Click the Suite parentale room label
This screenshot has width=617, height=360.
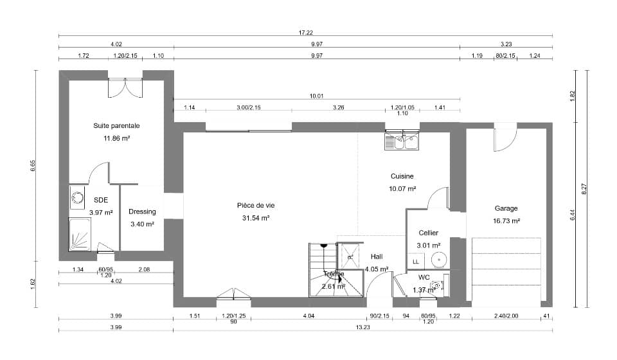click(116, 126)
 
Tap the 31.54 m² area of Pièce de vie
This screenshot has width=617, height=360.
click(255, 218)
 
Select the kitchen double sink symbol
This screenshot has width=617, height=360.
click(402, 141)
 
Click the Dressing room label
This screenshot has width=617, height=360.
click(142, 212)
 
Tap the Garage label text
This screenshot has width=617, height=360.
click(506, 208)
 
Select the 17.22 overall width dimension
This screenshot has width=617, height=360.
click(305, 32)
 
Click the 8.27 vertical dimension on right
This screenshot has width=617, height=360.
click(584, 189)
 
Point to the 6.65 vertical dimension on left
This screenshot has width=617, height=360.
click(33, 166)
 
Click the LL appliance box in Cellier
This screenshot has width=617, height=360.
click(416, 262)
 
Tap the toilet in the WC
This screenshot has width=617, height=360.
click(436, 285)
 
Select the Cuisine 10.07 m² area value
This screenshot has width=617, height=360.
click(402, 189)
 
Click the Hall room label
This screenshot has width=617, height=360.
click(377, 256)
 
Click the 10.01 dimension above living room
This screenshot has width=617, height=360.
click(316, 96)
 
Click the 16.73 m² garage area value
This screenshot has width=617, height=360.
click(506, 221)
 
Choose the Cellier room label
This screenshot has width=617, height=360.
click(428, 233)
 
